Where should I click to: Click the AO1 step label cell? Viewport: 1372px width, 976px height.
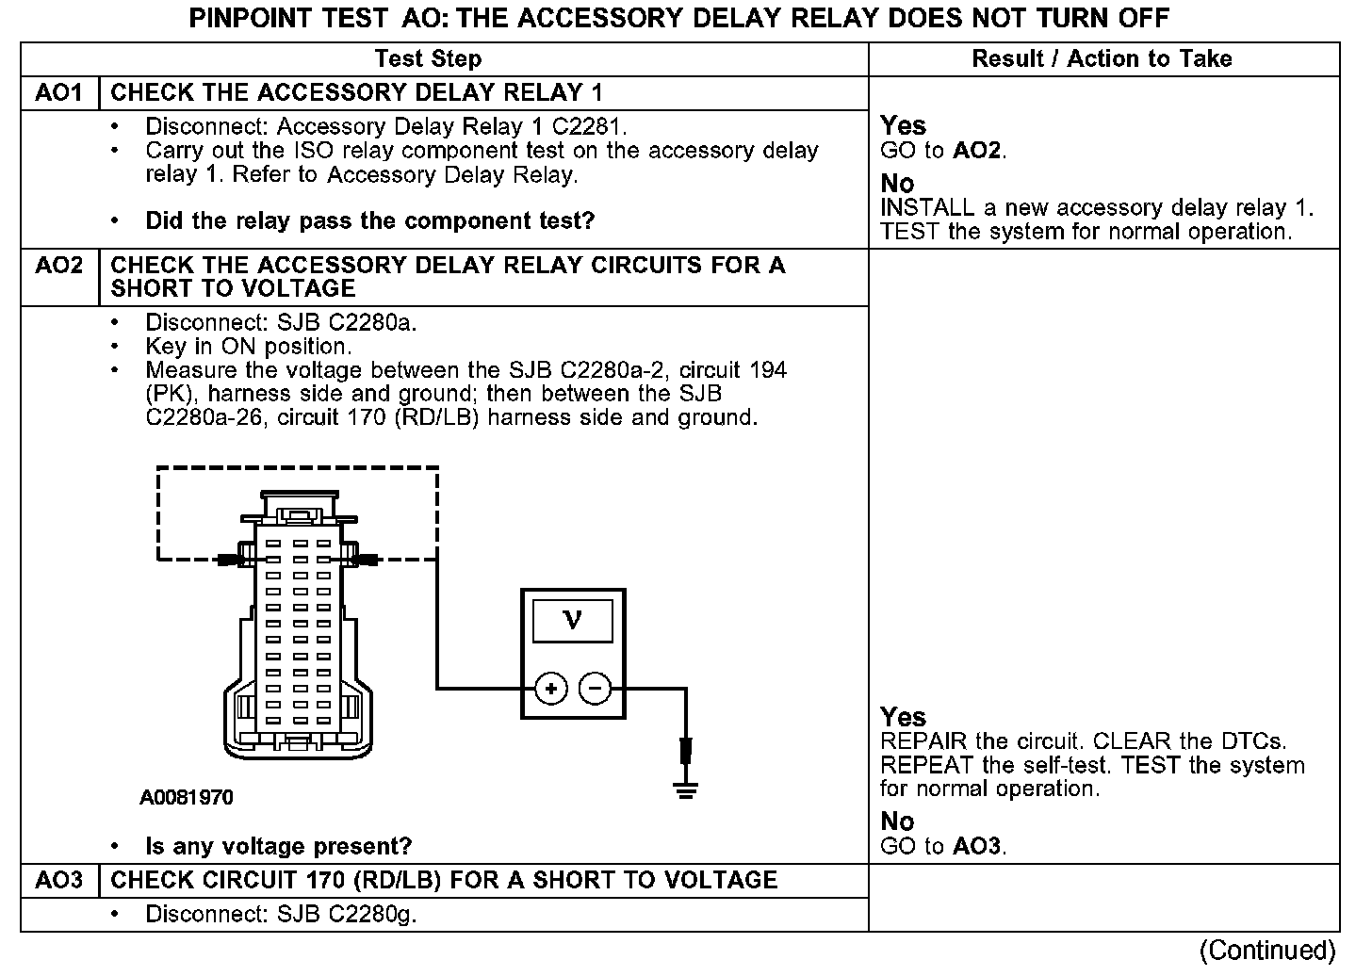tap(58, 93)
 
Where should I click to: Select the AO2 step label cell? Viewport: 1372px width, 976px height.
tap(58, 266)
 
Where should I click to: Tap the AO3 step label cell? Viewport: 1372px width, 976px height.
tap(58, 880)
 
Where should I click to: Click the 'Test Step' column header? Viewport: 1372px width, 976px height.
tap(428, 58)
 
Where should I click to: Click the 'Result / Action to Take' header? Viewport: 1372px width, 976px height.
tap(1102, 58)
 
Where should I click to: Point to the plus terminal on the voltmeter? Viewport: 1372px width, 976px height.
tap(550, 690)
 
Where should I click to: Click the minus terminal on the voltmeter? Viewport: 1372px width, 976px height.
tap(595, 690)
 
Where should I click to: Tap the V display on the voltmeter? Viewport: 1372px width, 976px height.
tap(572, 620)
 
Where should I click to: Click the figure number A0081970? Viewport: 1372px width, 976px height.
tap(187, 798)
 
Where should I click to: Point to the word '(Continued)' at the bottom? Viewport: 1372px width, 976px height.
tap(1268, 950)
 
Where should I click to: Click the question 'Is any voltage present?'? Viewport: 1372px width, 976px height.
tap(278, 846)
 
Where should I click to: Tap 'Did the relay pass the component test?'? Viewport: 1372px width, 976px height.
tap(369, 220)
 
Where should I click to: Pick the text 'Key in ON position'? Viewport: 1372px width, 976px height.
tap(248, 347)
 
